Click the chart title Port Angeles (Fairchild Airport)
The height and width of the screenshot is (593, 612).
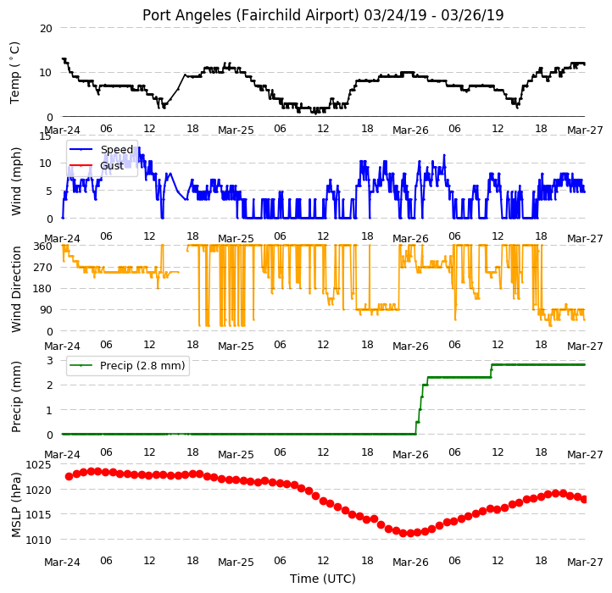250,15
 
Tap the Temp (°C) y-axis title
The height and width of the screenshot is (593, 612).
14,73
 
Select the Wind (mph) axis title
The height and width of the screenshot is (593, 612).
15,181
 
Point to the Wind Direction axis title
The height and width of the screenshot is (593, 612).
15,289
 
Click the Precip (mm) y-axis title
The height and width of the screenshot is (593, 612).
15,396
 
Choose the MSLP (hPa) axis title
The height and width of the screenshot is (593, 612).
15,505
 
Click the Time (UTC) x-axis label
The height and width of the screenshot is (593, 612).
323,578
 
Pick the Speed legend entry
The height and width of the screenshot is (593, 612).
117,149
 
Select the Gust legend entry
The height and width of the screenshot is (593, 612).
112,165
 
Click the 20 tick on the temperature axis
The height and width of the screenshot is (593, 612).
46,28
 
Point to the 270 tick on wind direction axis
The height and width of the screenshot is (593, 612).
43,267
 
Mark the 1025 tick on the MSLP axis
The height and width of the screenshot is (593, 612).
38,464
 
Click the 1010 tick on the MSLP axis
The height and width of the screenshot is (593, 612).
38,540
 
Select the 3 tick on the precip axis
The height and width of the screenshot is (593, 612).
49,360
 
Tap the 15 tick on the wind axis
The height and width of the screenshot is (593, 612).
46,136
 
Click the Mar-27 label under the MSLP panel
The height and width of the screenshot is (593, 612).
585,563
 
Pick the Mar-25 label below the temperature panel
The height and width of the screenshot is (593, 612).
236,130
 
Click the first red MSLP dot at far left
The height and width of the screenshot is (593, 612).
70,476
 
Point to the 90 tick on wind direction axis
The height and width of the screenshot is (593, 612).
46,310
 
